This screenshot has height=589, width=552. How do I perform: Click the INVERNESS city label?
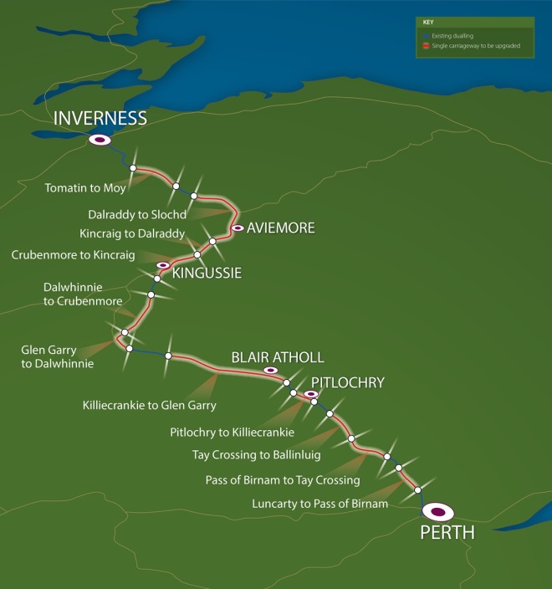(100, 118)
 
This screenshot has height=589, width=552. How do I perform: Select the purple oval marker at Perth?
(437, 511)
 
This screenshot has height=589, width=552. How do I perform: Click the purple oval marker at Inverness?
(100, 141)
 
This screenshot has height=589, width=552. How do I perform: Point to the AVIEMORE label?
(281, 228)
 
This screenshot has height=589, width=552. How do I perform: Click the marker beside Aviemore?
(238, 228)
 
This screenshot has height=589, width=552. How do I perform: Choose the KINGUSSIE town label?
(207, 273)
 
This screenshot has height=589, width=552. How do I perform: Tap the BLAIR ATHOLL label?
(277, 357)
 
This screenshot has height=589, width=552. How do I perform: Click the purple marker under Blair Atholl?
(270, 370)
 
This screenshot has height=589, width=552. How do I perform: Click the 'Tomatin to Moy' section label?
(85, 187)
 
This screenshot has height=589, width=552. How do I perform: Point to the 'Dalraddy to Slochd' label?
(137, 214)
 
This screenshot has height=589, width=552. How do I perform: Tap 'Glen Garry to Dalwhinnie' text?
(57, 356)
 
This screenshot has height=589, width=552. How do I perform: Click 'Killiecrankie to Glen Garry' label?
(150, 405)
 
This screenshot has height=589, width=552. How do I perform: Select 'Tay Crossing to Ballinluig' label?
(259, 455)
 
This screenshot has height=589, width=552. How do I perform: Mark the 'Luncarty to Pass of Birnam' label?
(319, 504)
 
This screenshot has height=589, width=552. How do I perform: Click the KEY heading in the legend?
(428, 22)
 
